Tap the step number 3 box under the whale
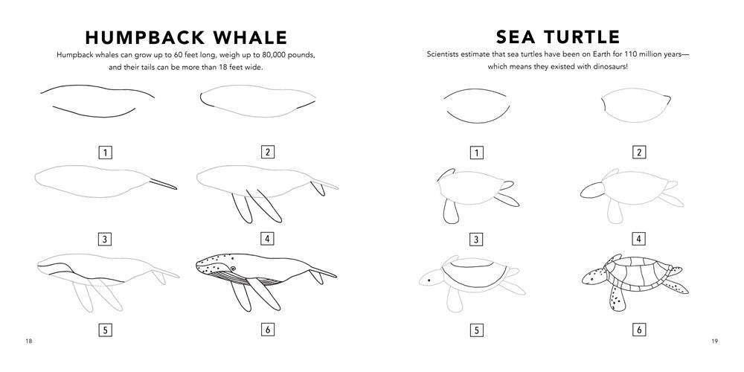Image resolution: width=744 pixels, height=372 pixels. point(106,240)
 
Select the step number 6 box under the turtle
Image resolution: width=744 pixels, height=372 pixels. point(638,329)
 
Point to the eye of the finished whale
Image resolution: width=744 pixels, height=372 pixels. point(233,269)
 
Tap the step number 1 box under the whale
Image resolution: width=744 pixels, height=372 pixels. point(106,153)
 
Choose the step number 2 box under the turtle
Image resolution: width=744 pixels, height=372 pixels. point(638,153)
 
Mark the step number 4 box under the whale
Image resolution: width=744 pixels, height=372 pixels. point(267,240)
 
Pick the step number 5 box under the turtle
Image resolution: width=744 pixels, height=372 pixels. point(476,329)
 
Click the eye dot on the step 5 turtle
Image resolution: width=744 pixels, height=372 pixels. point(429,280)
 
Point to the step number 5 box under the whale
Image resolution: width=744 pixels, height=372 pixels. point(106,329)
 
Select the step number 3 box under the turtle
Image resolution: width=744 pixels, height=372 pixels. point(476,240)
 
